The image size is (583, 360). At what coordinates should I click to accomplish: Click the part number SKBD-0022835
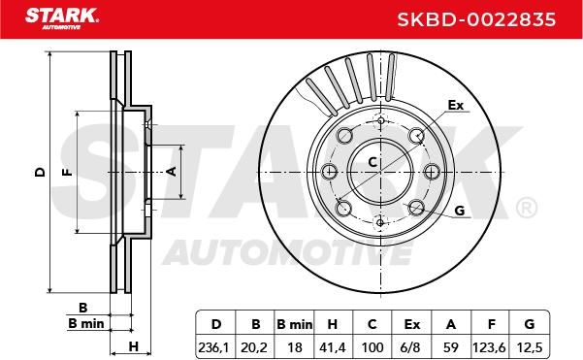click(x=476, y=19)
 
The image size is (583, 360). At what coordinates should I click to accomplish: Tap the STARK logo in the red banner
click(x=62, y=18)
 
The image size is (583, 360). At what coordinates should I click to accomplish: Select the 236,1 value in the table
click(x=215, y=347)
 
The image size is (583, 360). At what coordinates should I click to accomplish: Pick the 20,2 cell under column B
click(x=254, y=347)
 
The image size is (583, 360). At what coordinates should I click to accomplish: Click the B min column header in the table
click(x=295, y=325)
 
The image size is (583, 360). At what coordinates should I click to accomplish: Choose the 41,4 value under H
click(x=333, y=347)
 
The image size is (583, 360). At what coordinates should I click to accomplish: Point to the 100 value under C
click(x=372, y=347)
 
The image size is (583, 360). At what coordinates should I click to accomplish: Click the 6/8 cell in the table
click(x=411, y=347)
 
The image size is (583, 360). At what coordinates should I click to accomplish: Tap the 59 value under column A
click(x=451, y=347)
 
